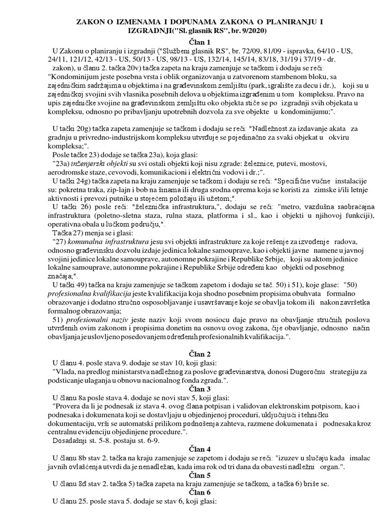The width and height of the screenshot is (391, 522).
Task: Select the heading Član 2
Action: click(x=195, y=354)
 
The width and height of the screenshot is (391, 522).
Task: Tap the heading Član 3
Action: click(x=195, y=389)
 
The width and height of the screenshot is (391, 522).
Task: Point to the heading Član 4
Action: click(x=195, y=449)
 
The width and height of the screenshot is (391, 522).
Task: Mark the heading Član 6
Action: click(x=195, y=492)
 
